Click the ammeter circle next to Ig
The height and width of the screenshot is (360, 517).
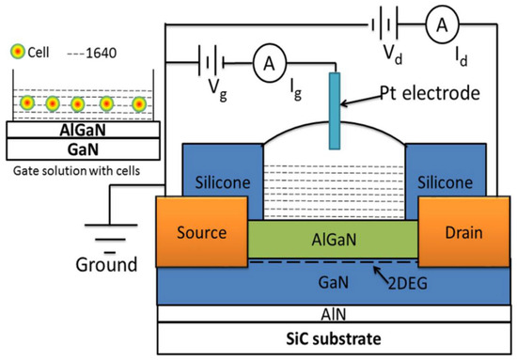click(270, 63)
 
